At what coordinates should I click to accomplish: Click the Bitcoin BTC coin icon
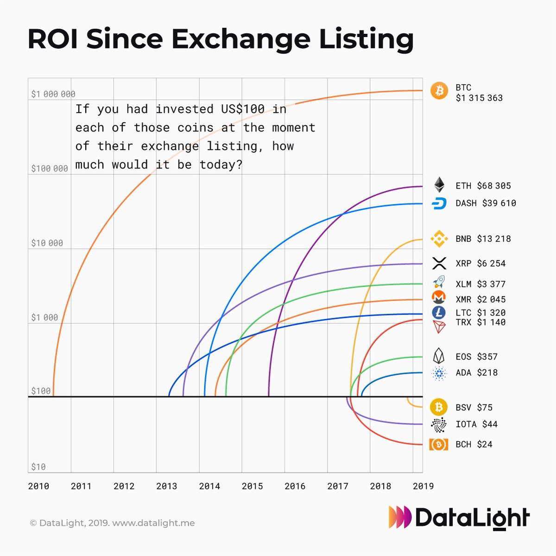point(439,91)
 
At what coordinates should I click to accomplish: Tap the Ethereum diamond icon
point(439,185)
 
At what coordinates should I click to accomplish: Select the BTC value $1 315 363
point(479,98)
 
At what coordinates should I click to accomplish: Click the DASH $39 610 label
point(486,203)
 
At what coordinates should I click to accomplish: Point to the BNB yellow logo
point(439,239)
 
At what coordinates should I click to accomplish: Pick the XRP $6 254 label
point(480,263)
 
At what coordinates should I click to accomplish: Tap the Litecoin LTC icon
point(438,312)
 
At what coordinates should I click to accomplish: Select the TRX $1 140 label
point(480,322)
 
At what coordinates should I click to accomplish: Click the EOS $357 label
point(476,356)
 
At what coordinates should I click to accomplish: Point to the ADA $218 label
point(476,373)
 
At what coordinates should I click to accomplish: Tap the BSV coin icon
point(438,407)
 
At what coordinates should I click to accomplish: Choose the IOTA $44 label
point(476,424)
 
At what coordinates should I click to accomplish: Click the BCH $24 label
point(474,444)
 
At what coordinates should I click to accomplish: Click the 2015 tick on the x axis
point(252,486)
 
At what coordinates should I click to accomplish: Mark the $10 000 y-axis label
point(47,243)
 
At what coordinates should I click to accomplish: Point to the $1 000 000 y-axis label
point(53,94)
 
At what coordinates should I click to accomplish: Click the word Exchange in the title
point(240,39)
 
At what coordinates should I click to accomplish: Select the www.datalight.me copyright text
point(153,523)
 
